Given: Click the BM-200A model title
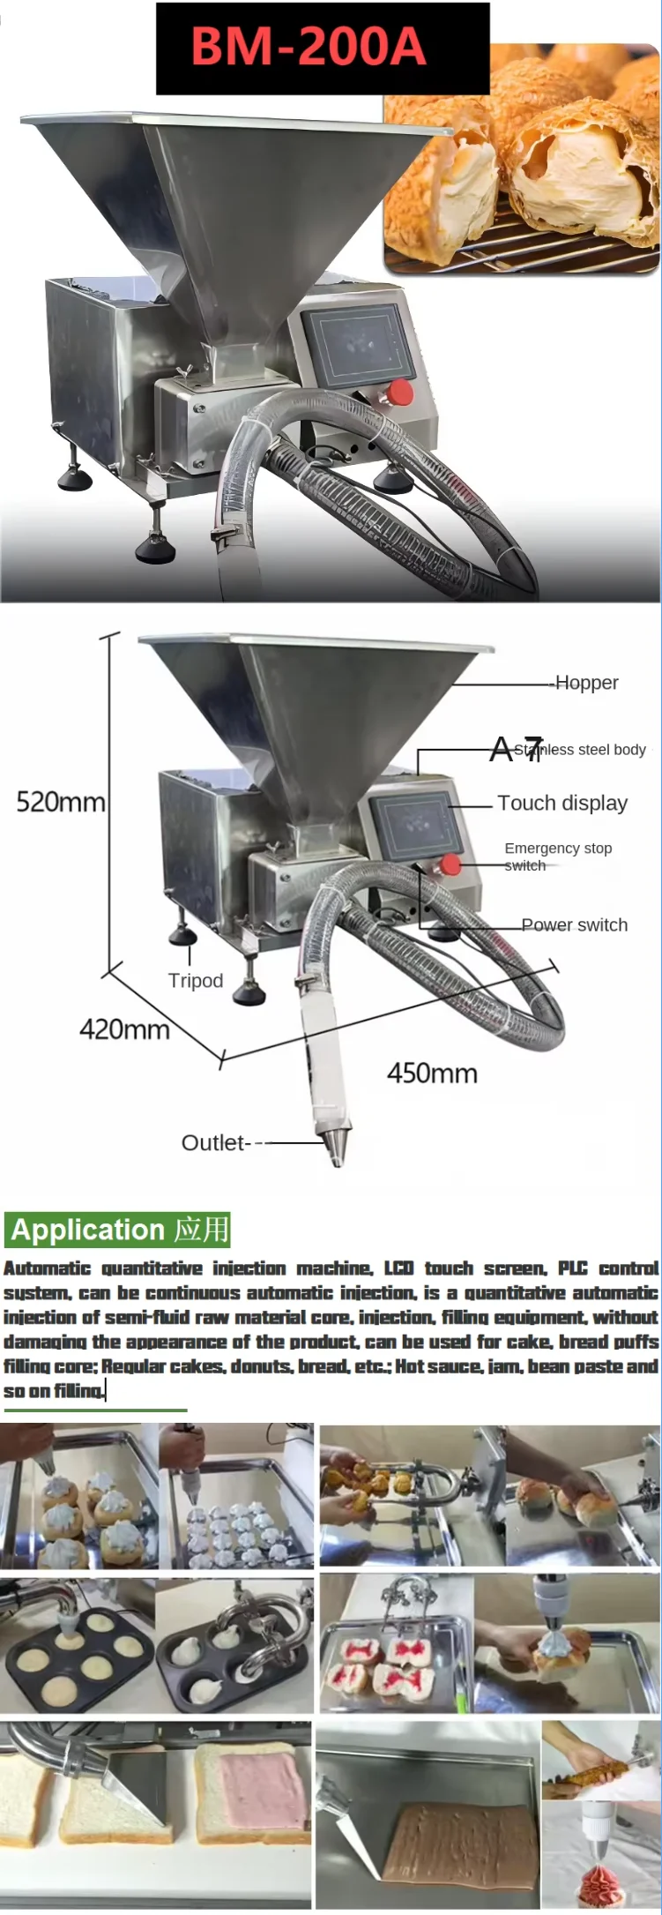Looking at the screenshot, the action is tap(308, 48).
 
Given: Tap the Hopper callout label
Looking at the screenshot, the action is tap(587, 683).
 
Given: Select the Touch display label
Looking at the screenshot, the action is tap(562, 803).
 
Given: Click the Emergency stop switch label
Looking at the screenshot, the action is tap(557, 857).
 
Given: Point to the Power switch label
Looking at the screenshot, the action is tap(575, 924).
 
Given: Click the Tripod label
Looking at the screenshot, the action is tap(196, 980).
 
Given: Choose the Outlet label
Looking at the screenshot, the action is tap(213, 1142).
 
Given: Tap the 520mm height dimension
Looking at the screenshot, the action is tap(60, 802).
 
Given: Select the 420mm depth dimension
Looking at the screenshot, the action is tap(124, 1029).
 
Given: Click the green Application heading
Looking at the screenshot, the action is tap(118, 1230).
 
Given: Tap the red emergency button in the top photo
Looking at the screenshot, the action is tap(401, 392).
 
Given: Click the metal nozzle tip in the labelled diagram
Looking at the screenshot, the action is tap(334, 1144).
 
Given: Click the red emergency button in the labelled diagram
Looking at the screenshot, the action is tap(450, 864).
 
